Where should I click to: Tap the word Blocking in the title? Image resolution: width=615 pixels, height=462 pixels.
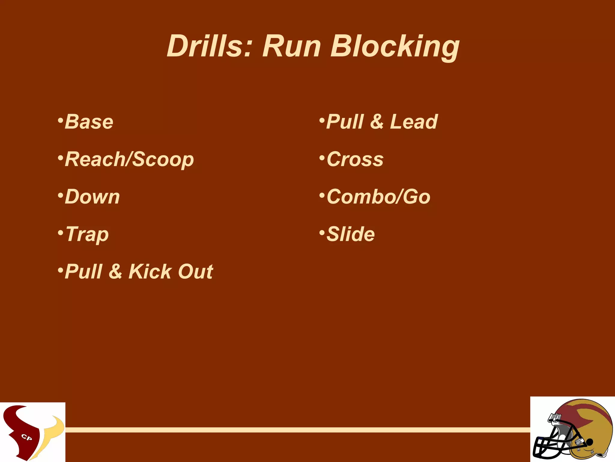(x=395, y=47)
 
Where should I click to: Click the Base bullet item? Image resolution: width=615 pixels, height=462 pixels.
(x=89, y=122)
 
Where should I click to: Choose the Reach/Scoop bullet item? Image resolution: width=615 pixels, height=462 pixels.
(x=129, y=159)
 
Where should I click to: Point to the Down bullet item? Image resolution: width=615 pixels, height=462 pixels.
(x=92, y=197)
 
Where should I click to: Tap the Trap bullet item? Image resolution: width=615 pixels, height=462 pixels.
(x=87, y=235)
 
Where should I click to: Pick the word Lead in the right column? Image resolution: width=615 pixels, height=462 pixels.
(x=414, y=122)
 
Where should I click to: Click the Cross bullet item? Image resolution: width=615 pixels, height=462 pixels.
(x=355, y=159)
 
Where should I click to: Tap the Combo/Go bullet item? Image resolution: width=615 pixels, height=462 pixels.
(x=378, y=197)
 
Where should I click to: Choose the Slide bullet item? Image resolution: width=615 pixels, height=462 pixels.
(x=350, y=234)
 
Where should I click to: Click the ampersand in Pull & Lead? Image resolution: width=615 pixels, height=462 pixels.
(x=377, y=122)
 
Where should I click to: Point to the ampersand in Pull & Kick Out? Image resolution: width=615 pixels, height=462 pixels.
(x=115, y=272)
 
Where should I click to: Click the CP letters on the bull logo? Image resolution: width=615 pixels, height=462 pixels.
(x=27, y=437)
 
